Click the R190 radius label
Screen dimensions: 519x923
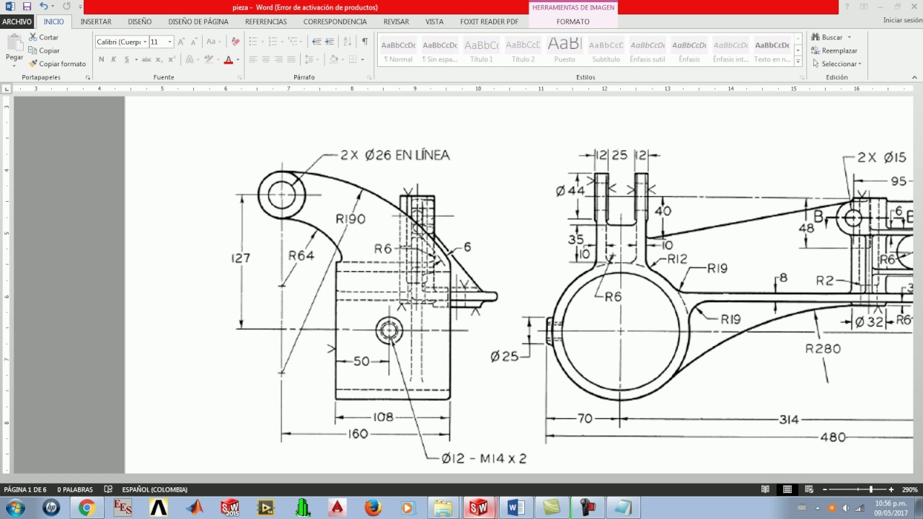(x=350, y=218)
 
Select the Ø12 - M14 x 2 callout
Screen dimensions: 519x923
(x=484, y=458)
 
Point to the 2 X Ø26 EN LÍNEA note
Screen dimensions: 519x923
(x=394, y=155)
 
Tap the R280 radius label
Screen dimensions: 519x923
(x=823, y=349)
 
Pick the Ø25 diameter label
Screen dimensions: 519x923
(x=504, y=356)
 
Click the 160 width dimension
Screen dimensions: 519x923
(x=358, y=434)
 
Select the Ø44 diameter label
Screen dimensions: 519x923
(x=570, y=191)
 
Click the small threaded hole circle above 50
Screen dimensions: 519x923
(x=389, y=331)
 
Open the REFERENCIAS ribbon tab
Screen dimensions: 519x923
(x=265, y=22)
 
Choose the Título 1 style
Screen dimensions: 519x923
(x=482, y=50)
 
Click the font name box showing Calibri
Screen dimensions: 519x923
(x=120, y=42)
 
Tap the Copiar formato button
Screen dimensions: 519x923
(x=58, y=63)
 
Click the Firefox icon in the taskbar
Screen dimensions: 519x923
(x=373, y=507)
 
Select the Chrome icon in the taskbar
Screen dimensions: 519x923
(x=87, y=507)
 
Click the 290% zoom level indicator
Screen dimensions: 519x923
(x=909, y=489)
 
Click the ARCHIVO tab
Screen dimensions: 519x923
(x=17, y=22)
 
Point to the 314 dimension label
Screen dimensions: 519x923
(x=789, y=420)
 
